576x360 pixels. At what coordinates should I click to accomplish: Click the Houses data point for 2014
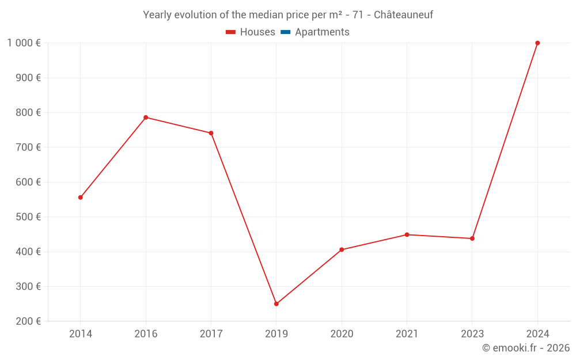(81, 198)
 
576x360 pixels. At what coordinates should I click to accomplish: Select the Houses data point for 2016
(146, 118)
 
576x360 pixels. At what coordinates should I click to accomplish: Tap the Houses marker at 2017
(211, 133)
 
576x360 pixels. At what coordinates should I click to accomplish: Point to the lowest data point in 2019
(276, 304)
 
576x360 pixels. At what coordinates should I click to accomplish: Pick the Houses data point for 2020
(342, 249)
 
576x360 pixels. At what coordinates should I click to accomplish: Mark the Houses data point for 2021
(407, 234)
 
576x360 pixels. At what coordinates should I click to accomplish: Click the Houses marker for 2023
(472, 238)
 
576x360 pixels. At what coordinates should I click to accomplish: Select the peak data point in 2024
(537, 43)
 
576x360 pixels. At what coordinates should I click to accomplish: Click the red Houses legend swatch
(230, 32)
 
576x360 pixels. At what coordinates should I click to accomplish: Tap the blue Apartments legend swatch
(285, 32)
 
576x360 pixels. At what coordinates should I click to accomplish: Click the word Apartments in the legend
(322, 32)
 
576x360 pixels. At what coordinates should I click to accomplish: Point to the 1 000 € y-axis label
(24, 43)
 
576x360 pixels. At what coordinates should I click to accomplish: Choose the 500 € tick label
(29, 217)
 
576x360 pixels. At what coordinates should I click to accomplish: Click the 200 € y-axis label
(29, 321)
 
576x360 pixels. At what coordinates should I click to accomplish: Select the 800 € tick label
(29, 113)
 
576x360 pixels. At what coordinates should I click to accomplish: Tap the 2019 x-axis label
(276, 334)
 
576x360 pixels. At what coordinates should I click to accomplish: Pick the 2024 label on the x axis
(537, 334)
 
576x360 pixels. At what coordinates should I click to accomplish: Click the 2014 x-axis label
(81, 334)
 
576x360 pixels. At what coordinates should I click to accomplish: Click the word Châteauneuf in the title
(403, 15)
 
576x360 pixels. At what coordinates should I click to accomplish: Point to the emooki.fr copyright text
(526, 348)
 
